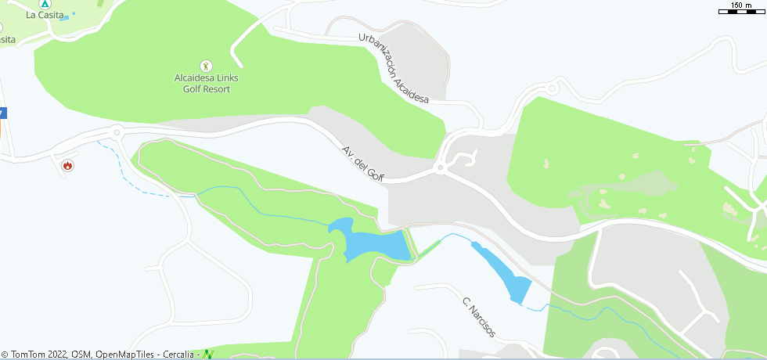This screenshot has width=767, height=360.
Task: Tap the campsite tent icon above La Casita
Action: point(45,3)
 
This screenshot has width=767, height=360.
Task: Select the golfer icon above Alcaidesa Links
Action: point(206,66)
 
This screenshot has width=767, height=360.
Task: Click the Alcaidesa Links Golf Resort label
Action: point(206,84)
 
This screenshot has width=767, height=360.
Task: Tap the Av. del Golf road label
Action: point(363,164)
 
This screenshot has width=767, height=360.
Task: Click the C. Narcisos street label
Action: point(478,317)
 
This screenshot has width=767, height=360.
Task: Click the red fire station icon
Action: point(68,165)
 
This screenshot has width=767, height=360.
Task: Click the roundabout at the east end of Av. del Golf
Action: point(441,167)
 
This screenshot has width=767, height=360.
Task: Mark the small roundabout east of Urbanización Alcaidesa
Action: point(554,87)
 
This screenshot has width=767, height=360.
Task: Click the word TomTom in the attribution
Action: point(27,355)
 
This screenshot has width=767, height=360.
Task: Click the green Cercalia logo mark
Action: point(207,355)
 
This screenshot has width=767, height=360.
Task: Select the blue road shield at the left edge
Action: point(2,113)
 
